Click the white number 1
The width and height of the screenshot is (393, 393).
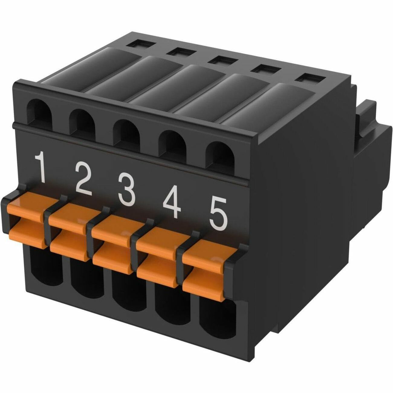point(40,168)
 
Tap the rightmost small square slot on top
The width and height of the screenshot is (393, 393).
point(311,78)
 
